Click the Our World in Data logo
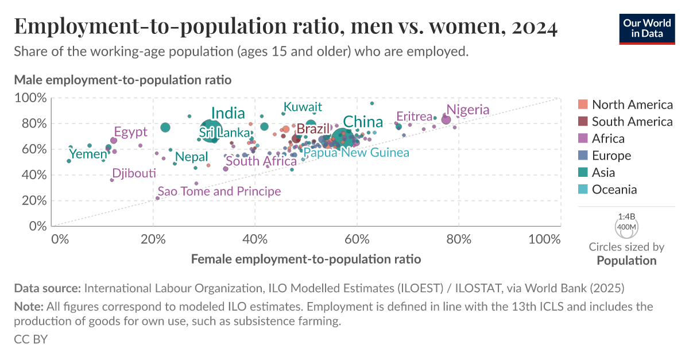(x=647, y=28)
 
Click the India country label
(x=228, y=114)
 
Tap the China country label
(x=363, y=122)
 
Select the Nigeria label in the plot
(x=468, y=110)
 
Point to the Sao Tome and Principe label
(x=219, y=191)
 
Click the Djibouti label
(x=134, y=173)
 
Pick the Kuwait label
(x=303, y=107)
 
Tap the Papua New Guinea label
(x=356, y=153)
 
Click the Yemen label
(x=88, y=154)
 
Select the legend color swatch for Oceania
(x=582, y=189)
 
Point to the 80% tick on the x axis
(x=459, y=239)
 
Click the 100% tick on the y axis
(x=32, y=98)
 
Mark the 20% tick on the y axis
(x=34, y=200)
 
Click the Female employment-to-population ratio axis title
(x=305, y=260)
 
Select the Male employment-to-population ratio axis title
(x=122, y=80)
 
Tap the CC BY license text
(x=30, y=339)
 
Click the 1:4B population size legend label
(x=626, y=217)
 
